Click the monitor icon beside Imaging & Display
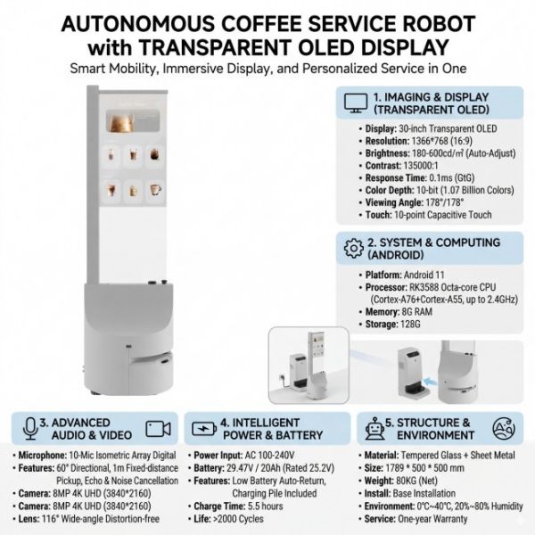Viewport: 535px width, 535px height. tap(356, 103)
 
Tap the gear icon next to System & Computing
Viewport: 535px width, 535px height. tap(354, 248)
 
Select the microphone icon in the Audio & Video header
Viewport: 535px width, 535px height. tap(30, 429)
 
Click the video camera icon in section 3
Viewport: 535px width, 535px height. tap(158, 429)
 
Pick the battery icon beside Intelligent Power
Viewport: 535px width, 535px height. tap(204, 429)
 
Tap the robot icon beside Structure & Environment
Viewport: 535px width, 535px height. tap(374, 429)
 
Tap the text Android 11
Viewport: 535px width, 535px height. tap(424, 275)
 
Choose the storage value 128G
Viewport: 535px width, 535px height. tap(409, 324)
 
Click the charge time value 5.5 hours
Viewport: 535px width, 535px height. tap(266, 506)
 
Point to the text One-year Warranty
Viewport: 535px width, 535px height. tap(432, 519)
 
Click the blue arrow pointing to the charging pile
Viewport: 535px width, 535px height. tap(430, 381)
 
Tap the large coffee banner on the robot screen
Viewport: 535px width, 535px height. tap(133, 121)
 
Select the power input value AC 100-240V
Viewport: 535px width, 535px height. tap(269, 455)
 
